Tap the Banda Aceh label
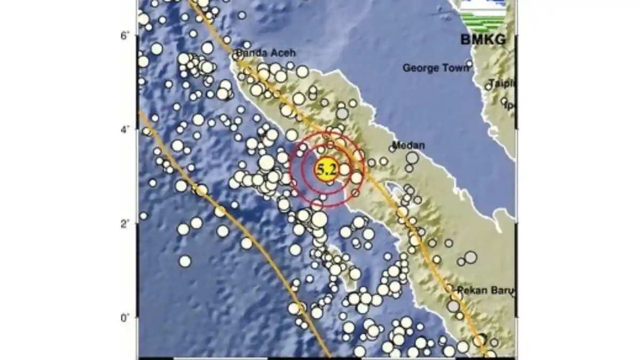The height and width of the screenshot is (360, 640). [265, 53]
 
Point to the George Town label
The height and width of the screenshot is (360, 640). [436, 68]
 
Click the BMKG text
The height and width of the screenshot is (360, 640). [484, 39]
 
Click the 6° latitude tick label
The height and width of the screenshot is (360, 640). [126, 36]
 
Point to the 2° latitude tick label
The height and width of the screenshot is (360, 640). [126, 224]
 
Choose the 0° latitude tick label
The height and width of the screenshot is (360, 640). [126, 318]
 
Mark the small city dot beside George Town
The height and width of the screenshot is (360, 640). [469, 63]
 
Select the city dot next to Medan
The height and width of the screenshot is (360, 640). [393, 149]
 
